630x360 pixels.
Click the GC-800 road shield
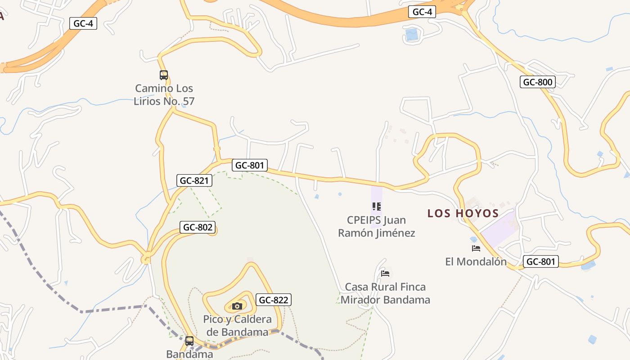pyautogui.click(x=537, y=82)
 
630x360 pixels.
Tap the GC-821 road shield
pyautogui.click(x=194, y=181)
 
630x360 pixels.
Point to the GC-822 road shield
pyautogui.click(x=274, y=300)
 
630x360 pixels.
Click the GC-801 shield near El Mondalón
pyautogui.click(x=540, y=261)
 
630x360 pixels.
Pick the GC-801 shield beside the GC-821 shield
pyautogui.click(x=250, y=165)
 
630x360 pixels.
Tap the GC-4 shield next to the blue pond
pyautogui.click(x=422, y=12)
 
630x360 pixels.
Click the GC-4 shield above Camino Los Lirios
pyautogui.click(x=83, y=23)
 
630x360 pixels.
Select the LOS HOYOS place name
pyautogui.click(x=463, y=213)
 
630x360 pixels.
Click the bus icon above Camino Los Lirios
pyautogui.click(x=164, y=75)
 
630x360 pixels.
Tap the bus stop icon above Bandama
pyautogui.click(x=189, y=341)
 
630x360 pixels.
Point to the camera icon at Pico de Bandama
pyautogui.click(x=237, y=306)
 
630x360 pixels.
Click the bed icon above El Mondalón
pyautogui.click(x=476, y=248)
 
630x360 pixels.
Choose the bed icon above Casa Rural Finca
pyautogui.click(x=385, y=273)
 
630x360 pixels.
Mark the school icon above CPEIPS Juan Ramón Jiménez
pyautogui.click(x=377, y=207)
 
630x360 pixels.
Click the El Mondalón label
pyautogui.click(x=476, y=261)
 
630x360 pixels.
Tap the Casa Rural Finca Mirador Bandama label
pyautogui.click(x=385, y=293)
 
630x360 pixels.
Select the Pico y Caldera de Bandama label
pyautogui.click(x=237, y=326)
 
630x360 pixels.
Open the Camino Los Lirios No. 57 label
pyautogui.click(x=164, y=94)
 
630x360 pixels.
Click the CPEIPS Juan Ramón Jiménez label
pyautogui.click(x=377, y=226)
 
